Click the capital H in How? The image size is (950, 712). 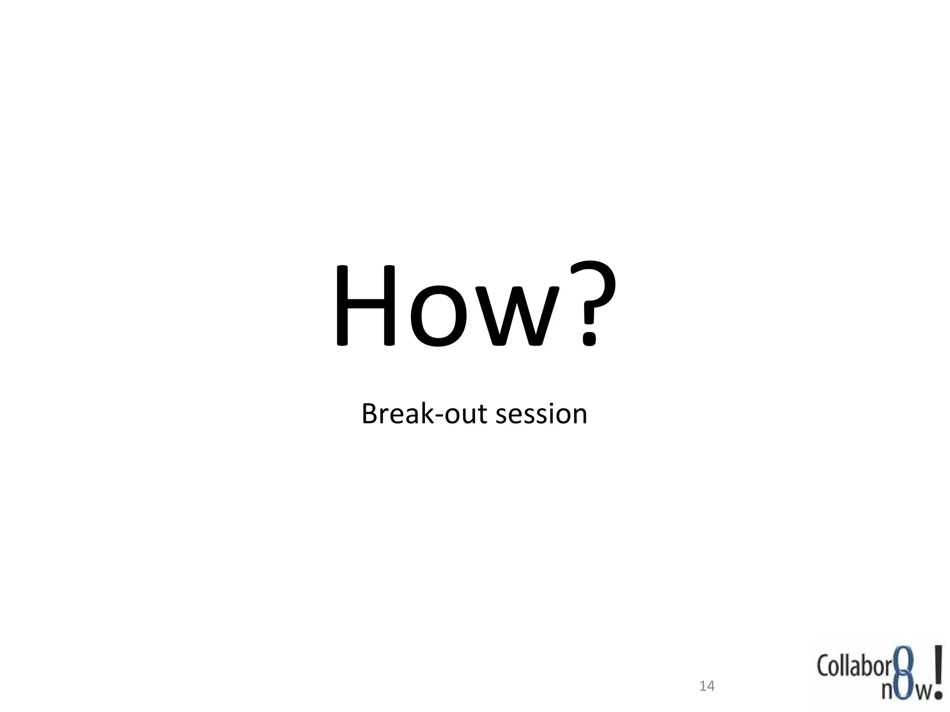(x=365, y=305)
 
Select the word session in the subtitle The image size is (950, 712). (x=541, y=414)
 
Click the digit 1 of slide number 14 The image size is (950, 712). (x=703, y=686)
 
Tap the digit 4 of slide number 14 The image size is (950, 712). (x=711, y=686)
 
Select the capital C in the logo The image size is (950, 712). (x=823, y=667)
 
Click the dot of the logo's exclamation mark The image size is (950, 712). (x=938, y=694)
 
